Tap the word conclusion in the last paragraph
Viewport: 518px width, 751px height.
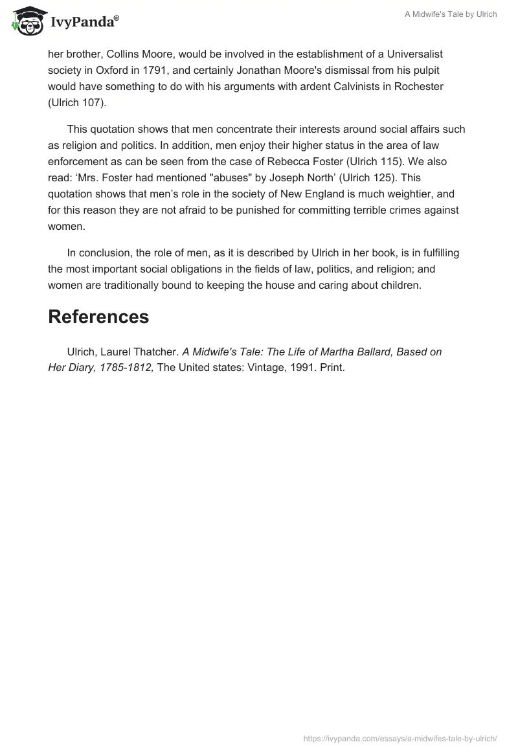coord(107,252)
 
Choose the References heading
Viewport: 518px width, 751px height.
coord(98,317)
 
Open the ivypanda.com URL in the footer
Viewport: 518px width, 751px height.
coord(400,737)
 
